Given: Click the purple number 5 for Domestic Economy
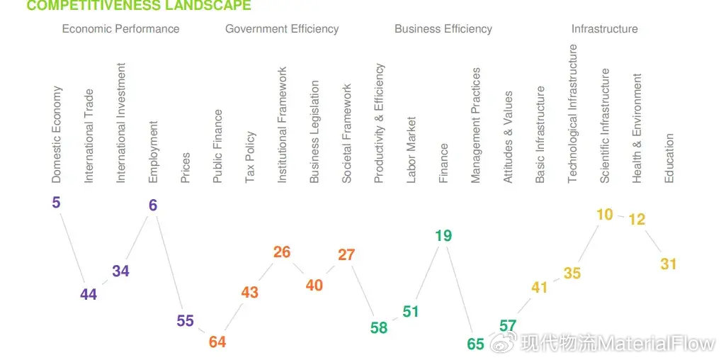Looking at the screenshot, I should (56, 203).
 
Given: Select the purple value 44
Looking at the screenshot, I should (89, 295).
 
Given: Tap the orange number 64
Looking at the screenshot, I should (217, 342).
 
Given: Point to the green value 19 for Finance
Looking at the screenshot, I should (443, 236).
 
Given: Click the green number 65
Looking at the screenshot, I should (476, 344).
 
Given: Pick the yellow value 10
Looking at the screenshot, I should (604, 214).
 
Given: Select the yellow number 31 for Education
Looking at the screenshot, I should (669, 264).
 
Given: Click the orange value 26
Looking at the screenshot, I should (282, 252).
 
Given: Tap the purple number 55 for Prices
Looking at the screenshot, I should (185, 321).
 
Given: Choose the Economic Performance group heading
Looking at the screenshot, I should (120, 29).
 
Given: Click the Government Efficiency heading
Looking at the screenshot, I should (282, 29).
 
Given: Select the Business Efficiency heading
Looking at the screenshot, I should (443, 29).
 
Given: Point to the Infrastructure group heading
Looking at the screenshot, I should (604, 29).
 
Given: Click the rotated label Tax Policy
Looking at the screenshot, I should (250, 157).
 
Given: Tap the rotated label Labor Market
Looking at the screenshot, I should (411, 150).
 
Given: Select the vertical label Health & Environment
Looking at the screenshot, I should (637, 128).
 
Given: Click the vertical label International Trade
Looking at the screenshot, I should (89, 135).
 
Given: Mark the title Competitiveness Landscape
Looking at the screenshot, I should (138, 6).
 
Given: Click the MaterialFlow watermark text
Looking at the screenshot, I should (616, 344).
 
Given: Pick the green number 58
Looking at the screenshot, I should (379, 327).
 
